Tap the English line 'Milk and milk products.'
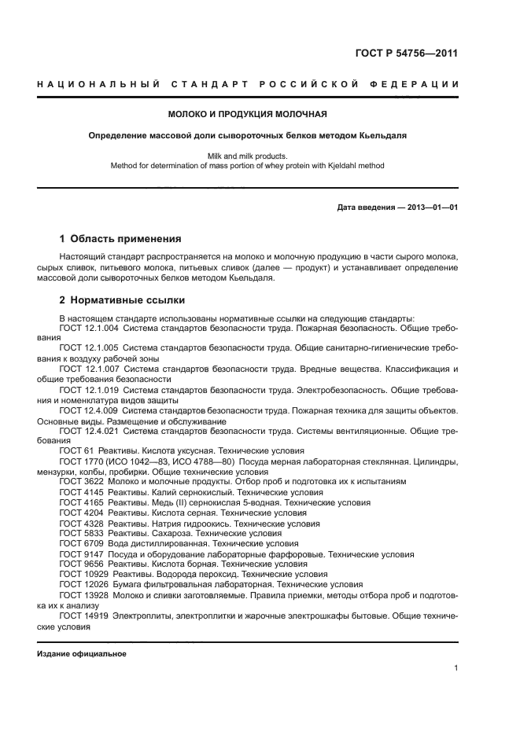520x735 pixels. pos(259,156)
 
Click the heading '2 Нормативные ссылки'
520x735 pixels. pos(122,300)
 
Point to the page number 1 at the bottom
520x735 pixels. pos(455,668)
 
